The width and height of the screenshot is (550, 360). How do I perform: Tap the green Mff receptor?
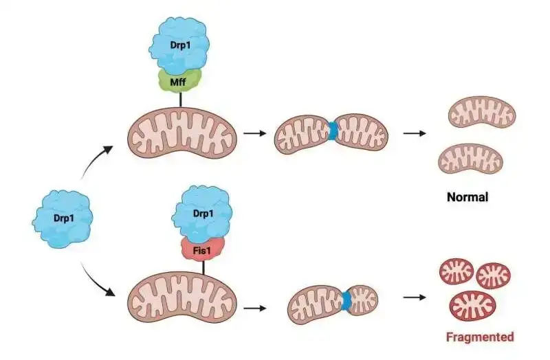pyautogui.click(x=180, y=80)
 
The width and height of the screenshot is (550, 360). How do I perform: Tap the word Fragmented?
pyautogui.click(x=480, y=337)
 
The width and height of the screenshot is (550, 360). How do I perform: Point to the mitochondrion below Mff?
pyautogui.click(x=182, y=134)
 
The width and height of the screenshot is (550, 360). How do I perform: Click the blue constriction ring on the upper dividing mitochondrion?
pyautogui.click(x=333, y=131)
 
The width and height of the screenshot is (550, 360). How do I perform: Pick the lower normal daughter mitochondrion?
pyautogui.click(x=471, y=160)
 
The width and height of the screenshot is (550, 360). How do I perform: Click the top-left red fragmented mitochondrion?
pyautogui.click(x=457, y=271)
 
